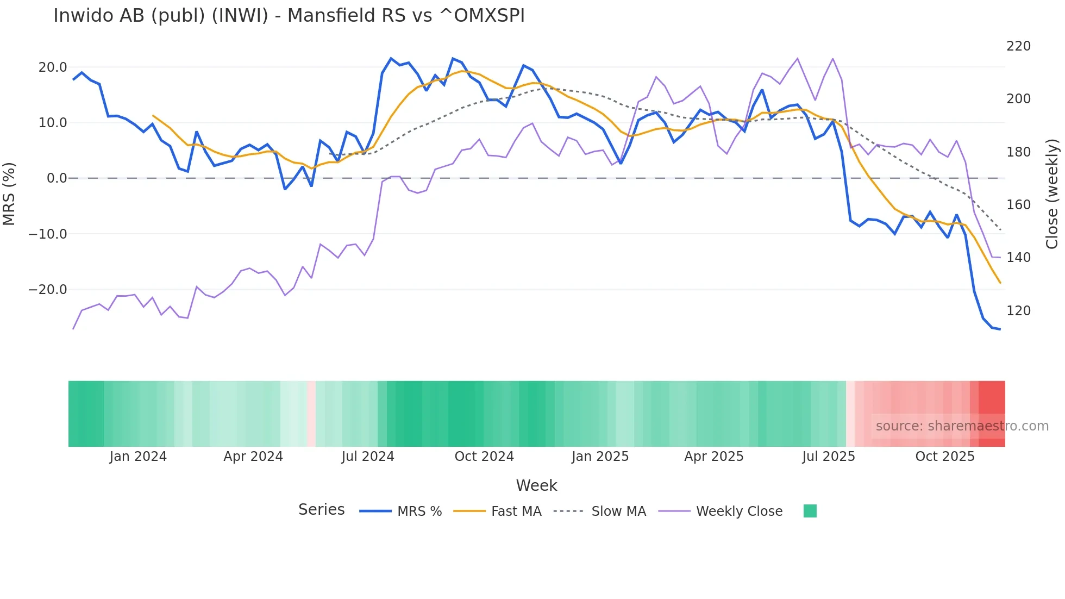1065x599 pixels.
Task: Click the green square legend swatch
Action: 810,511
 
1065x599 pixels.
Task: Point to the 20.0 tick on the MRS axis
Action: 53,67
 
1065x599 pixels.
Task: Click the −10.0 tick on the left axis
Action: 48,234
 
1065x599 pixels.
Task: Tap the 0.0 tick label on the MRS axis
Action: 57,178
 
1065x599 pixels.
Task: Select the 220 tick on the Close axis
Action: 1018,46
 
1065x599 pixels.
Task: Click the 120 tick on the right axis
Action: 1018,311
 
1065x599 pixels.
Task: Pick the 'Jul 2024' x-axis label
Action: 368,457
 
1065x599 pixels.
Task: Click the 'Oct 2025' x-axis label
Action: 945,457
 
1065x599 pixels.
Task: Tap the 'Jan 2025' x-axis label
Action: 600,457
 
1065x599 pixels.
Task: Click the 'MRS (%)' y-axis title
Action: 9,194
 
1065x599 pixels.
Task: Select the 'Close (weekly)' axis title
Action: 1052,194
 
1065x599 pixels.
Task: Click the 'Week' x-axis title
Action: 536,485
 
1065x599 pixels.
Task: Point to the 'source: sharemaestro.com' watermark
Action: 962,426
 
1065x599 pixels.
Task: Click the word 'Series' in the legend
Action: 321,510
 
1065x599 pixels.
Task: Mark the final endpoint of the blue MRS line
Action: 1000,329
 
